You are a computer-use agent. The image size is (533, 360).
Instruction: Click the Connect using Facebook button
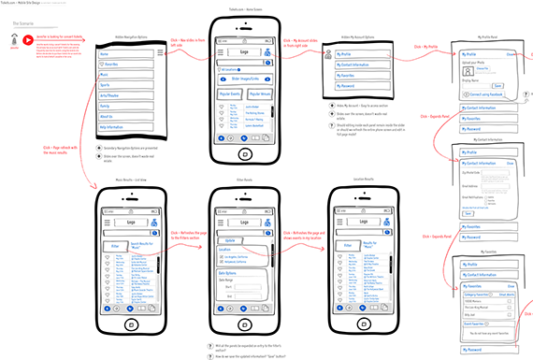[487, 95]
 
